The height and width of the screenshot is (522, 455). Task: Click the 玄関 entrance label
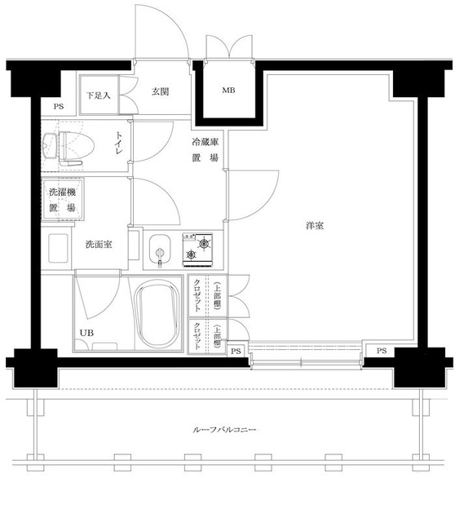click(x=160, y=92)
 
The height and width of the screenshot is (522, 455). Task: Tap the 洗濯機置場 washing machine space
click(x=60, y=201)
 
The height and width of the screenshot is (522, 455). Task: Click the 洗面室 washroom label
click(x=96, y=244)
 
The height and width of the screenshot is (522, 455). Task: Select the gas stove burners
click(x=196, y=249)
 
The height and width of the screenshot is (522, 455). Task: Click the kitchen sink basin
click(x=157, y=249)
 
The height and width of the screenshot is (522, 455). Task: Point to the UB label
click(x=86, y=332)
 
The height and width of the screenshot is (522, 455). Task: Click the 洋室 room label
click(x=315, y=226)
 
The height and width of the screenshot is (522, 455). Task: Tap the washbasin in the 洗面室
click(x=59, y=248)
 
